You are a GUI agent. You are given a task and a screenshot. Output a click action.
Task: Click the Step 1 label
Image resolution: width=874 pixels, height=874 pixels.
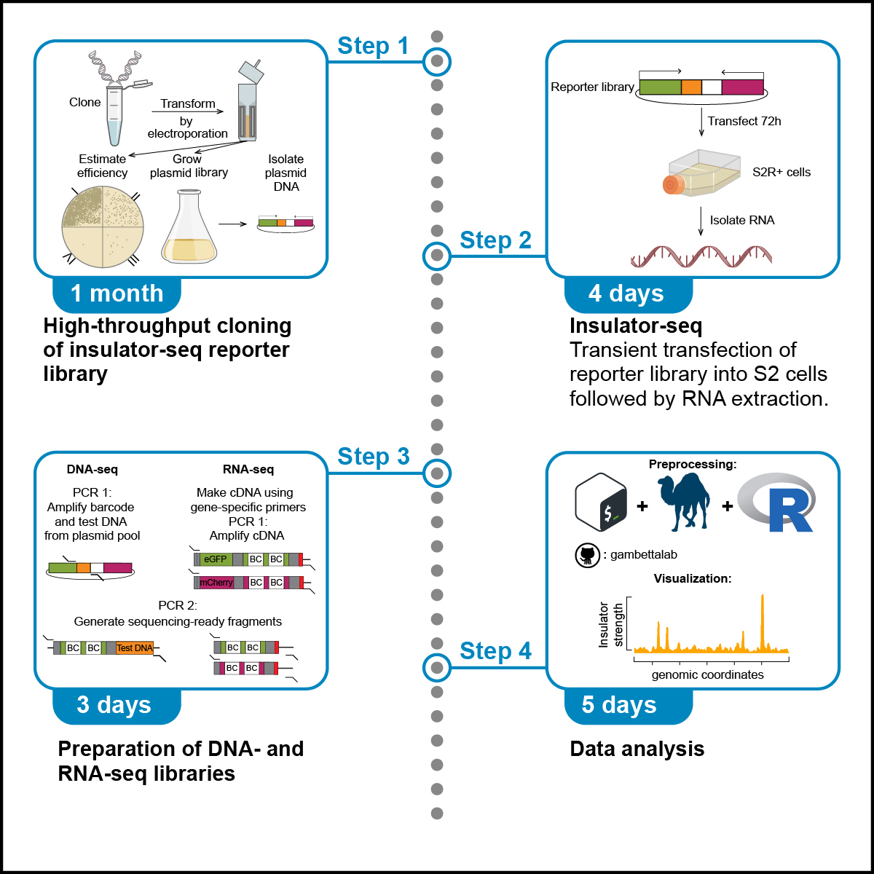point(373,46)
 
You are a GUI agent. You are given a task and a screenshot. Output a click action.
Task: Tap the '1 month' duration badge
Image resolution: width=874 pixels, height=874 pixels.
point(117,294)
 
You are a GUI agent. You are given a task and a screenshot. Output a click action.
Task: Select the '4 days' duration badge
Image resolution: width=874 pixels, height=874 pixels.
point(626,294)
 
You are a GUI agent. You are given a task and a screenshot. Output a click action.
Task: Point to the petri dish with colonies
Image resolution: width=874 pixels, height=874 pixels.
point(103,227)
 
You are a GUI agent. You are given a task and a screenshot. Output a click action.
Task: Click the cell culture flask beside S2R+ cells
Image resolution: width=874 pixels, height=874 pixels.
point(699,175)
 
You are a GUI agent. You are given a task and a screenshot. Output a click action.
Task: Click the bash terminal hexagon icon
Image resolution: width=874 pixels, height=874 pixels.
point(601,503)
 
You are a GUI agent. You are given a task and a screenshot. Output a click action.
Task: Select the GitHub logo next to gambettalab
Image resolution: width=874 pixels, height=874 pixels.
point(586,555)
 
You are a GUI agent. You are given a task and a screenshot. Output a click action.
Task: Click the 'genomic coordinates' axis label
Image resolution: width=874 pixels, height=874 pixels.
point(707,675)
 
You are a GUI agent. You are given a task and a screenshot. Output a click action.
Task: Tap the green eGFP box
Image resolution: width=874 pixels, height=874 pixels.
point(216,559)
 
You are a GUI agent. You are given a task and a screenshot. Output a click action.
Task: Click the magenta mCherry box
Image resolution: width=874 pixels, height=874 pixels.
point(216,583)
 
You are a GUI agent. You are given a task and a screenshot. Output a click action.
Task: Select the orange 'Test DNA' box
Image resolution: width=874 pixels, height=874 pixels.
point(135,647)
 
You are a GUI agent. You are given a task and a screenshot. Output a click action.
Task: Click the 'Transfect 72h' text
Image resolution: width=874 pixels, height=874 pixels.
point(744,122)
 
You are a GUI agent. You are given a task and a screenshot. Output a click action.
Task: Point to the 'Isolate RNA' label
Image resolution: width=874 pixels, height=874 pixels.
point(742,220)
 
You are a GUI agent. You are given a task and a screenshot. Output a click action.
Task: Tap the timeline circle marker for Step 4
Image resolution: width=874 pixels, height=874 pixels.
point(437,667)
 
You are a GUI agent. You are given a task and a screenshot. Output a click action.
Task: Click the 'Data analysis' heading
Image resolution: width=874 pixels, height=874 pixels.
point(637,749)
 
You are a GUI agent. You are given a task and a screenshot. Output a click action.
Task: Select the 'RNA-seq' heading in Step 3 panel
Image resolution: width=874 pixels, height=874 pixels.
point(248,470)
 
